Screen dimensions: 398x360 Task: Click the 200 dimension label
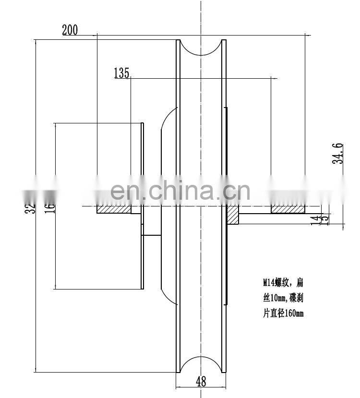[x=70, y=30]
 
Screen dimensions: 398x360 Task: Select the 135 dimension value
[x=121, y=73]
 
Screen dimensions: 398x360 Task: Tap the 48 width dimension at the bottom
[x=201, y=382]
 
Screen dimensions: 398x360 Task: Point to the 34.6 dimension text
[x=338, y=153]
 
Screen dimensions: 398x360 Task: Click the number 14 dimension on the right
[x=315, y=219]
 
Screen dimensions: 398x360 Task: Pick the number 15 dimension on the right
[x=325, y=219]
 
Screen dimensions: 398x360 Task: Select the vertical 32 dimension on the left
[x=30, y=207]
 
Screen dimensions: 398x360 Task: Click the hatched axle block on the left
[x=114, y=210]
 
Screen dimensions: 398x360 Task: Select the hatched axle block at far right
[x=288, y=210]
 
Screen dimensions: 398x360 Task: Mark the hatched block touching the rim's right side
[x=233, y=215]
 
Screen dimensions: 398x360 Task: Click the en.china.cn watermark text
[x=180, y=191]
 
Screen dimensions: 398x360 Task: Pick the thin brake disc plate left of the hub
[x=143, y=206]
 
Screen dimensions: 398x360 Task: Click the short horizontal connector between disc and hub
[x=152, y=235]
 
